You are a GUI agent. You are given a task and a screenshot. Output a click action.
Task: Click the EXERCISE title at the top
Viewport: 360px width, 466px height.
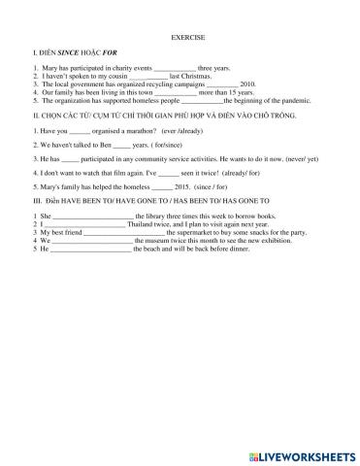[x=180, y=45]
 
